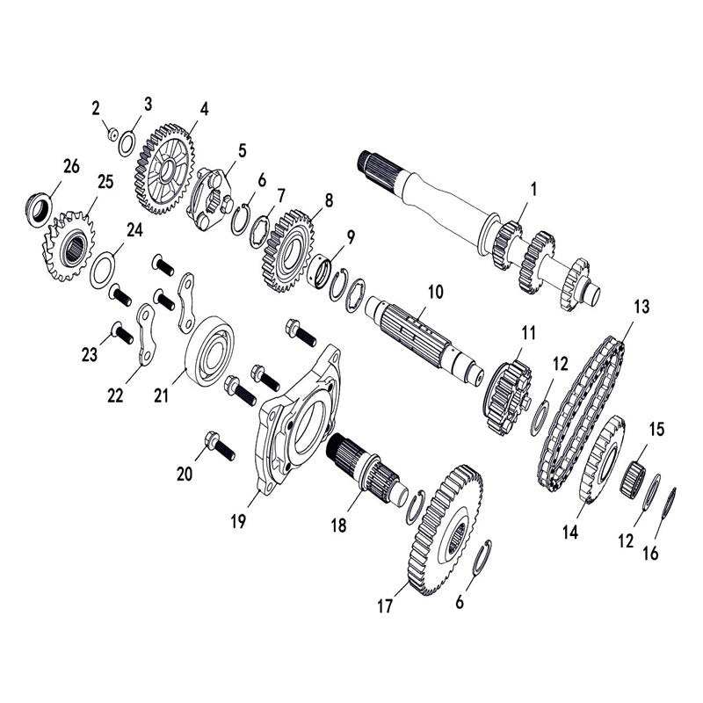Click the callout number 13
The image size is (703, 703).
pyautogui.click(x=641, y=307)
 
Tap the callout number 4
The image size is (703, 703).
pyautogui.click(x=204, y=110)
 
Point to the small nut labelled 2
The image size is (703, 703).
pyautogui.click(x=112, y=133)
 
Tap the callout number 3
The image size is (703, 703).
pyautogui.click(x=148, y=104)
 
